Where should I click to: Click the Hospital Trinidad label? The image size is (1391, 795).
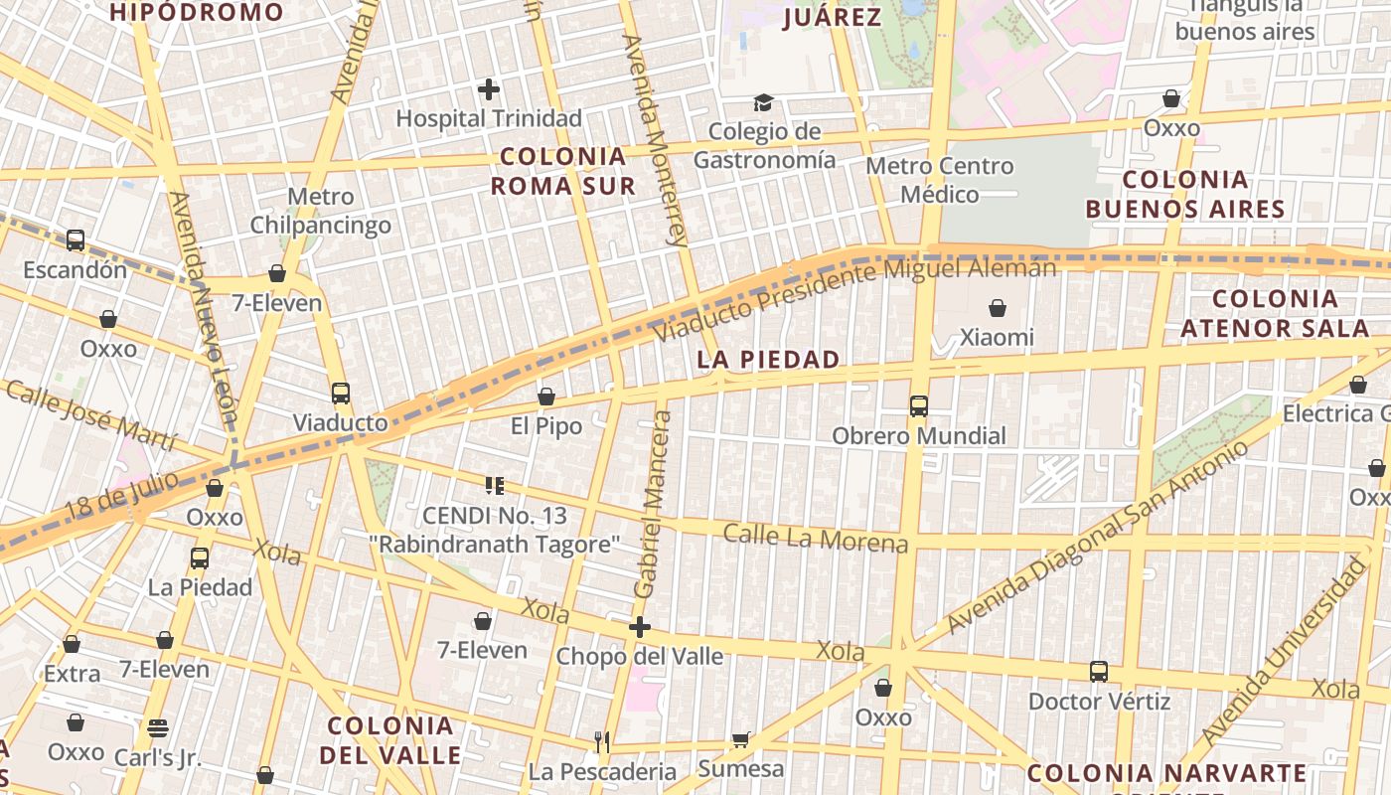pos(489,118)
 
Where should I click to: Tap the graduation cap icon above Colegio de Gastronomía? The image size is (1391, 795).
pos(763,102)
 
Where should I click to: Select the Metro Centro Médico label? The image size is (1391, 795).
pos(940,180)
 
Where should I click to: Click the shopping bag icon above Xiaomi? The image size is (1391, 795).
pos(997,309)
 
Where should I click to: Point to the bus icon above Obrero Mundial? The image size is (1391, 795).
pos(918,406)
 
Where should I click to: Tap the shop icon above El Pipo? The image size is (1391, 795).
pos(545,397)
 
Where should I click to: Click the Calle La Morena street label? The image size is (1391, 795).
pos(815,537)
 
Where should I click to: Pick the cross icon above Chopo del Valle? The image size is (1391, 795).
pos(640,627)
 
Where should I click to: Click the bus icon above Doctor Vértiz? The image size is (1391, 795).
pos(1098,672)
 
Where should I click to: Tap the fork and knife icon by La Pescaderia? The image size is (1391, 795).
pos(601,741)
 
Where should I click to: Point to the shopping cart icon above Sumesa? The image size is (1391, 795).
pos(740,739)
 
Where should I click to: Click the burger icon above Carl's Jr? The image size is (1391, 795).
pos(157,727)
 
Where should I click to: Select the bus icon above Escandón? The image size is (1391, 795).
pos(76,239)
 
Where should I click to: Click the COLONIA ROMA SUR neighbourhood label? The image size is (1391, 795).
pos(562,171)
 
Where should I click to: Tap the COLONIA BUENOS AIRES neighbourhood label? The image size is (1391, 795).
pos(1185,194)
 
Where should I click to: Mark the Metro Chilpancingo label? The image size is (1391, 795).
pos(320,211)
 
